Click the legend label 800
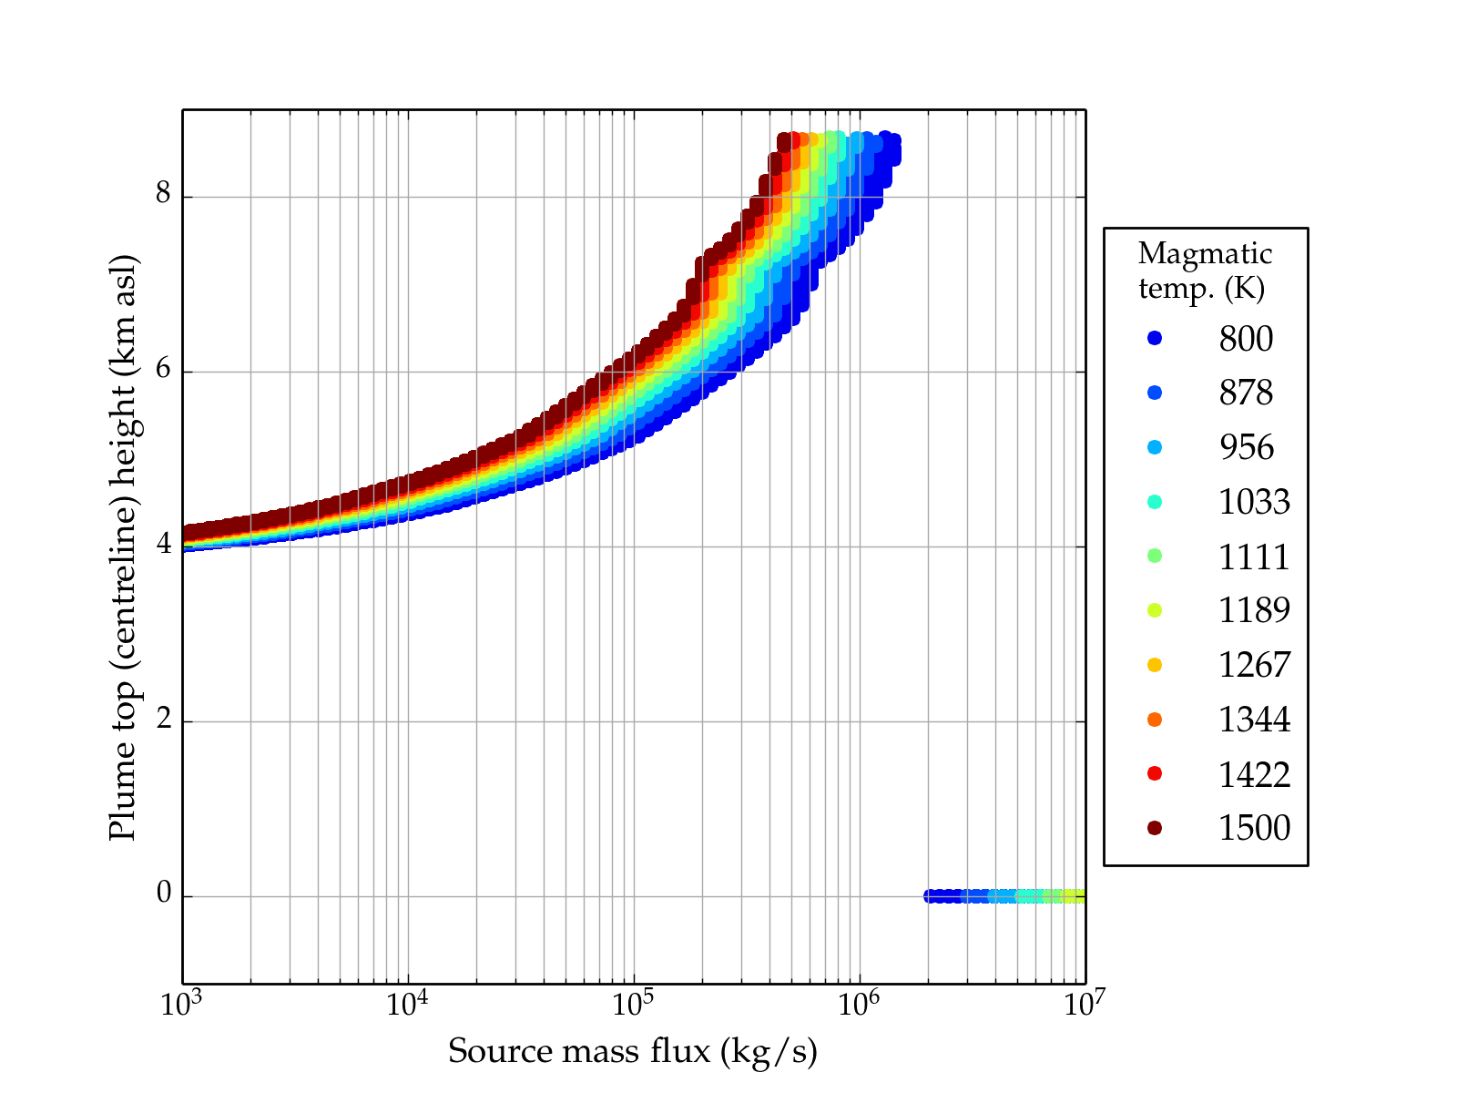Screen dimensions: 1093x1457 1246,339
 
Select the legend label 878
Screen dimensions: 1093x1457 1246,393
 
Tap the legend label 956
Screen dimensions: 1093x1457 1246,447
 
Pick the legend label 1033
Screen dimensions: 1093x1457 1254,502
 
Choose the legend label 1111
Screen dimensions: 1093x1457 1254,557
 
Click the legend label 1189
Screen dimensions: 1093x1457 1254,610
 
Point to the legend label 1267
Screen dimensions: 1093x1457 1254,665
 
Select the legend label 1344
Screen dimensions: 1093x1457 1254,720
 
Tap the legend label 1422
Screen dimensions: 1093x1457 1254,774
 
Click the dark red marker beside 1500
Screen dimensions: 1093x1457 1155,828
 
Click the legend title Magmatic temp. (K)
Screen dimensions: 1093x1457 1205,271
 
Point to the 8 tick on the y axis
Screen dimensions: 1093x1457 164,195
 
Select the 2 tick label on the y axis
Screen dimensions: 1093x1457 164,720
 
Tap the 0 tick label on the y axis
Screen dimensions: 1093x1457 164,894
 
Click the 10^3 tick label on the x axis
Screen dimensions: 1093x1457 183,1005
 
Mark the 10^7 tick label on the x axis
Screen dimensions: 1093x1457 1084,1005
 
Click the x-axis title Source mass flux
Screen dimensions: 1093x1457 633,1052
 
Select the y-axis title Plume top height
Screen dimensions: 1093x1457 122,546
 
